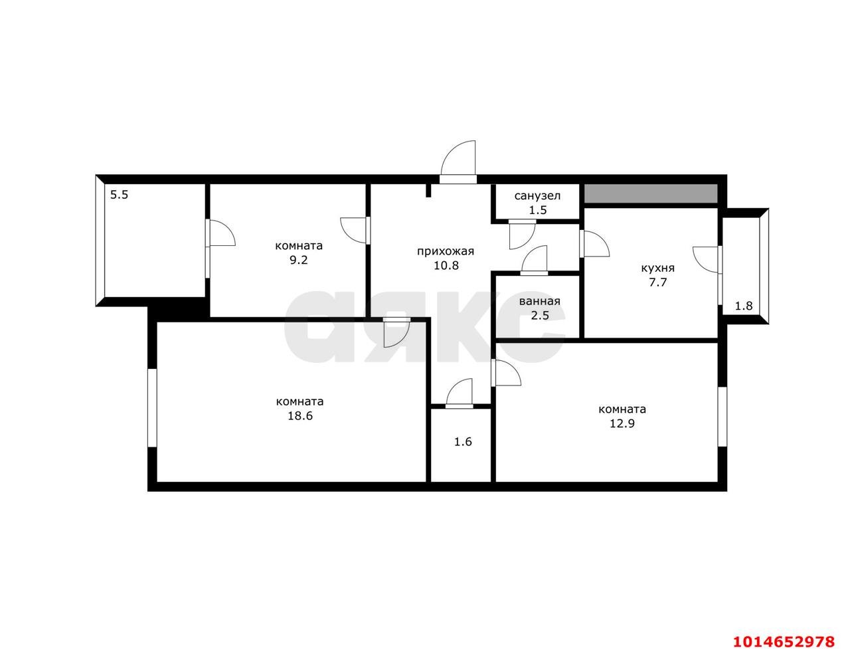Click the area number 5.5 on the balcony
pos(120,195)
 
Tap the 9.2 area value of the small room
pos(299,260)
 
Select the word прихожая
pos(445,251)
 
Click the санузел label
pos(537,195)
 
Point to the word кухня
pos(657,268)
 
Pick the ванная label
pos(539,301)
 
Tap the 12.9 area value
pos(622,423)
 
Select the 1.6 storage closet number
pos(463,441)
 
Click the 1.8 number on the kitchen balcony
pos(744,306)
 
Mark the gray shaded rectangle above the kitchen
pos(651,193)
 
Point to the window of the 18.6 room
pos(152,407)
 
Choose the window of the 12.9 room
pos(722,416)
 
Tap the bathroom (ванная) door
pos(535,261)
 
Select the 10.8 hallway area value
pos(445,265)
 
